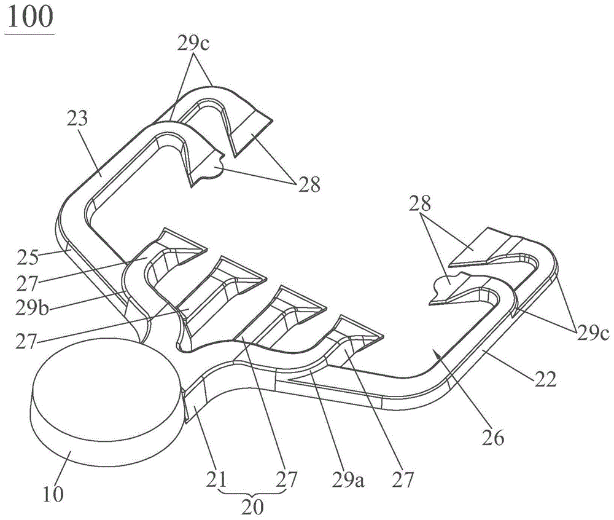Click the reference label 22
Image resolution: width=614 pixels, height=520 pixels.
(545, 380)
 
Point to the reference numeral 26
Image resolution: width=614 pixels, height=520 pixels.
(495, 438)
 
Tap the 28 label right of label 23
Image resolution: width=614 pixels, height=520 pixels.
(309, 183)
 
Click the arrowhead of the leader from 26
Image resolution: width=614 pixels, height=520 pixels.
(434, 349)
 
